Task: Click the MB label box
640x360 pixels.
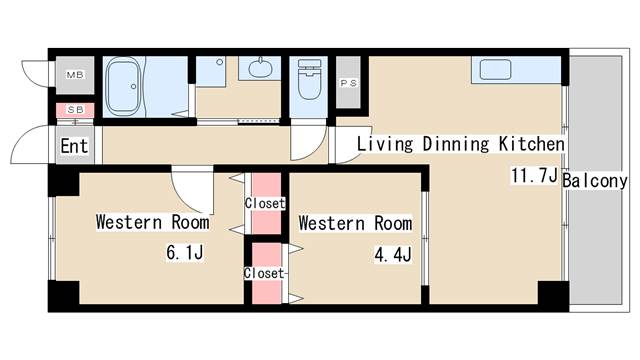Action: click(75, 75)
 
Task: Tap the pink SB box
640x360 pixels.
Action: click(75, 110)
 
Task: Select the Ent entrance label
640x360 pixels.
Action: click(74, 146)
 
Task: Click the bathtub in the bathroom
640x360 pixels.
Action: click(124, 86)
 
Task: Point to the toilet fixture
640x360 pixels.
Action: click(309, 80)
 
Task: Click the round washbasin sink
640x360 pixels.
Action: click(258, 67)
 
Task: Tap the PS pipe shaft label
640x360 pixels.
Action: click(349, 83)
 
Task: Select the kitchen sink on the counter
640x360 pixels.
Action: click(496, 69)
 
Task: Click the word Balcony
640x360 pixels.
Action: click(595, 180)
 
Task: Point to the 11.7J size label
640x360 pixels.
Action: click(534, 176)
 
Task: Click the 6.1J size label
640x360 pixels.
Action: click(184, 253)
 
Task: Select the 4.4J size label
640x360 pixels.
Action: click(393, 255)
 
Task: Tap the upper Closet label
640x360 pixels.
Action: click(265, 203)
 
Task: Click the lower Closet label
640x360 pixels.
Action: click(264, 273)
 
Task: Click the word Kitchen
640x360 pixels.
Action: click(532, 144)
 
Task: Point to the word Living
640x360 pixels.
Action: click(385, 144)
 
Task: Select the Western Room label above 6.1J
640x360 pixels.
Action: click(153, 222)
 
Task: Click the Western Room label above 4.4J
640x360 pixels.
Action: click(355, 223)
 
